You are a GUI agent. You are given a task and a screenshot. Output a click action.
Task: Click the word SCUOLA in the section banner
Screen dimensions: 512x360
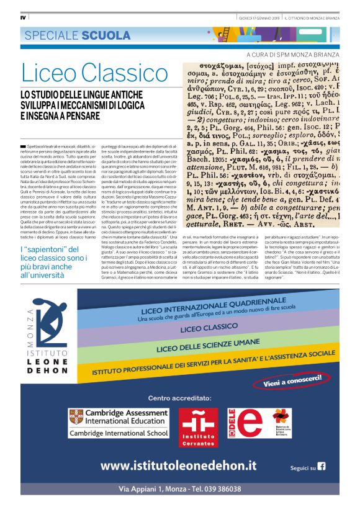tap(102, 35)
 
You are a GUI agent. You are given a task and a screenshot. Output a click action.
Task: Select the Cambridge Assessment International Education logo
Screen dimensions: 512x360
tap(119, 416)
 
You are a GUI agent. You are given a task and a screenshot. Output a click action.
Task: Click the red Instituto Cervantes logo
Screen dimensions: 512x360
tap(198, 427)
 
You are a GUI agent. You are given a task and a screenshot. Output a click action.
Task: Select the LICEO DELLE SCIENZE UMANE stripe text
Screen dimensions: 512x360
tap(199, 346)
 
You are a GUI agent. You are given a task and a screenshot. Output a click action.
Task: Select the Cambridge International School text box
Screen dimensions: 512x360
tap(119, 433)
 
